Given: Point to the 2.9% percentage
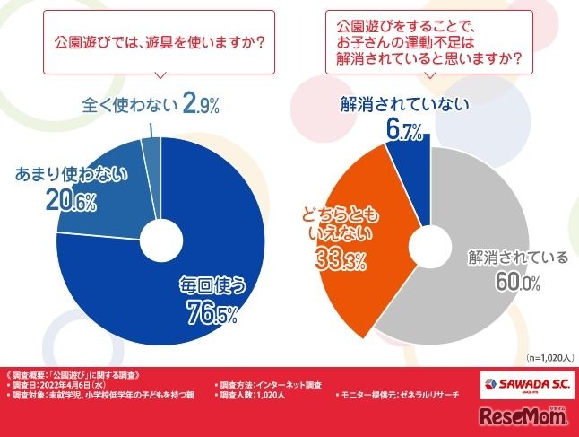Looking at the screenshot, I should tap(200, 107).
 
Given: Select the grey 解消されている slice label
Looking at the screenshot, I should tap(518, 258).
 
